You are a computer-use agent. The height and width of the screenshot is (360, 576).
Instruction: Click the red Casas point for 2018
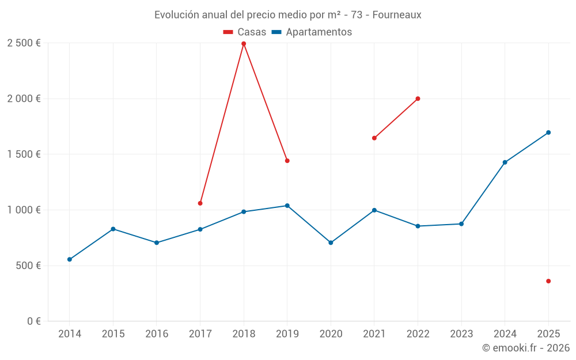pos(244,44)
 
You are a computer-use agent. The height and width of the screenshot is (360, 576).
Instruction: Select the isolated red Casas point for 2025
pos(548,281)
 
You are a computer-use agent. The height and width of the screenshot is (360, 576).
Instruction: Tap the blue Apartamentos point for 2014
pos(70,259)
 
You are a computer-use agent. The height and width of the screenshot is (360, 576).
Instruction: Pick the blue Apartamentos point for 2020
pos(331,242)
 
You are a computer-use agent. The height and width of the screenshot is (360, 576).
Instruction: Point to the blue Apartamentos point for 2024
pos(505,162)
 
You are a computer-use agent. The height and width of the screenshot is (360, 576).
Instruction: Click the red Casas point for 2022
pos(418,98)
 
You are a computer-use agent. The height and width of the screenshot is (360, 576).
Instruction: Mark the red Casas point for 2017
pos(200,203)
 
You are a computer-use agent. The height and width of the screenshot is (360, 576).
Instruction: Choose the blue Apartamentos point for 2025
pos(548,132)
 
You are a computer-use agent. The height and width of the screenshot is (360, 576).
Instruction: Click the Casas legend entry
pos(245,32)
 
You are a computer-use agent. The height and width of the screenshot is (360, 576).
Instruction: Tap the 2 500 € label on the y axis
pos(24,43)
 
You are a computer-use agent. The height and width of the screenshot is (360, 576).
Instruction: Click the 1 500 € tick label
pos(24,154)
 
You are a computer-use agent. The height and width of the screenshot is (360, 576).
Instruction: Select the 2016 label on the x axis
pos(157,334)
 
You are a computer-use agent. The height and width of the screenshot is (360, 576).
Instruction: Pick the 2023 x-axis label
pos(461,334)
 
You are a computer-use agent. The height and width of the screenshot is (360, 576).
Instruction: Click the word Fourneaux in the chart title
pos(396,15)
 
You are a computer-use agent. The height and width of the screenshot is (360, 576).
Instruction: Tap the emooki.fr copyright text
pos(525,348)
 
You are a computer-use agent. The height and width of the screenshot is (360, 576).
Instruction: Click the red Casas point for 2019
pos(287,161)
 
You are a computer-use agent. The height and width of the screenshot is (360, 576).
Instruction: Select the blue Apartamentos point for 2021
pos(374,210)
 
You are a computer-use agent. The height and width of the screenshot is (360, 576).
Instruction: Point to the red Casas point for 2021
pos(374,138)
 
